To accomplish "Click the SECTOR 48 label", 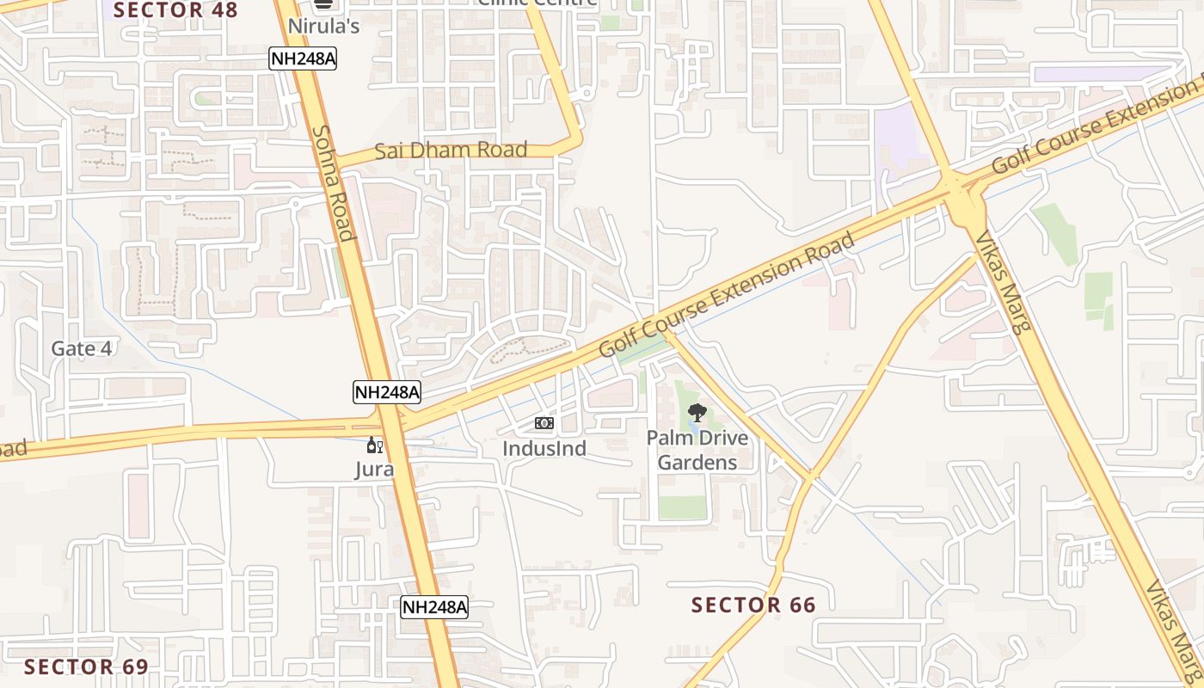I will point(175,10).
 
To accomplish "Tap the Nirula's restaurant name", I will point(323,27).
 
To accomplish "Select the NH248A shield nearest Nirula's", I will point(302,58).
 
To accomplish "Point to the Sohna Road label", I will point(333,183).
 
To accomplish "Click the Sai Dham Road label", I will point(451,150).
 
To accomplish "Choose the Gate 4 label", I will point(82,348).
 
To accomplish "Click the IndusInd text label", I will point(544,448).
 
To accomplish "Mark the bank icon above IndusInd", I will point(544,423).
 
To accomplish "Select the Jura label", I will point(375,469).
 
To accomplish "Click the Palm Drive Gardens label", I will point(697,450).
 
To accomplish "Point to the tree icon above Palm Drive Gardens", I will point(697,413).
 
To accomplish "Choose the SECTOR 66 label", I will point(753,605).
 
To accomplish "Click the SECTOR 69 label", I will point(86,666).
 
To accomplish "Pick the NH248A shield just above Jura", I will point(387,393).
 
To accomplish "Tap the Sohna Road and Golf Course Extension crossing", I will point(391,421).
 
